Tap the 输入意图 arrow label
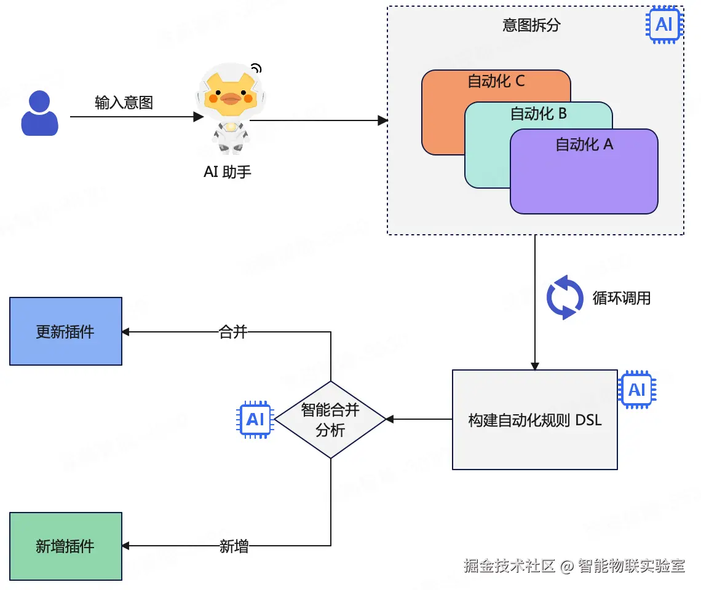tap(124, 102)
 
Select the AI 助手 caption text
tap(228, 171)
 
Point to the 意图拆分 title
tap(531, 25)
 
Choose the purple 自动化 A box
tap(584, 178)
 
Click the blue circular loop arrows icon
tap(565, 298)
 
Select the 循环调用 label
tap(621, 299)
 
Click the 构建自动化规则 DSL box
tap(534, 420)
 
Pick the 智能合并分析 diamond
tap(330, 420)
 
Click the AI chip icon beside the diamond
tap(255, 420)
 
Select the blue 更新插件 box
tap(66, 331)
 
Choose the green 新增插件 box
tap(66, 546)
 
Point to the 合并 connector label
tap(233, 332)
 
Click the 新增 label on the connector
tap(234, 546)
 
